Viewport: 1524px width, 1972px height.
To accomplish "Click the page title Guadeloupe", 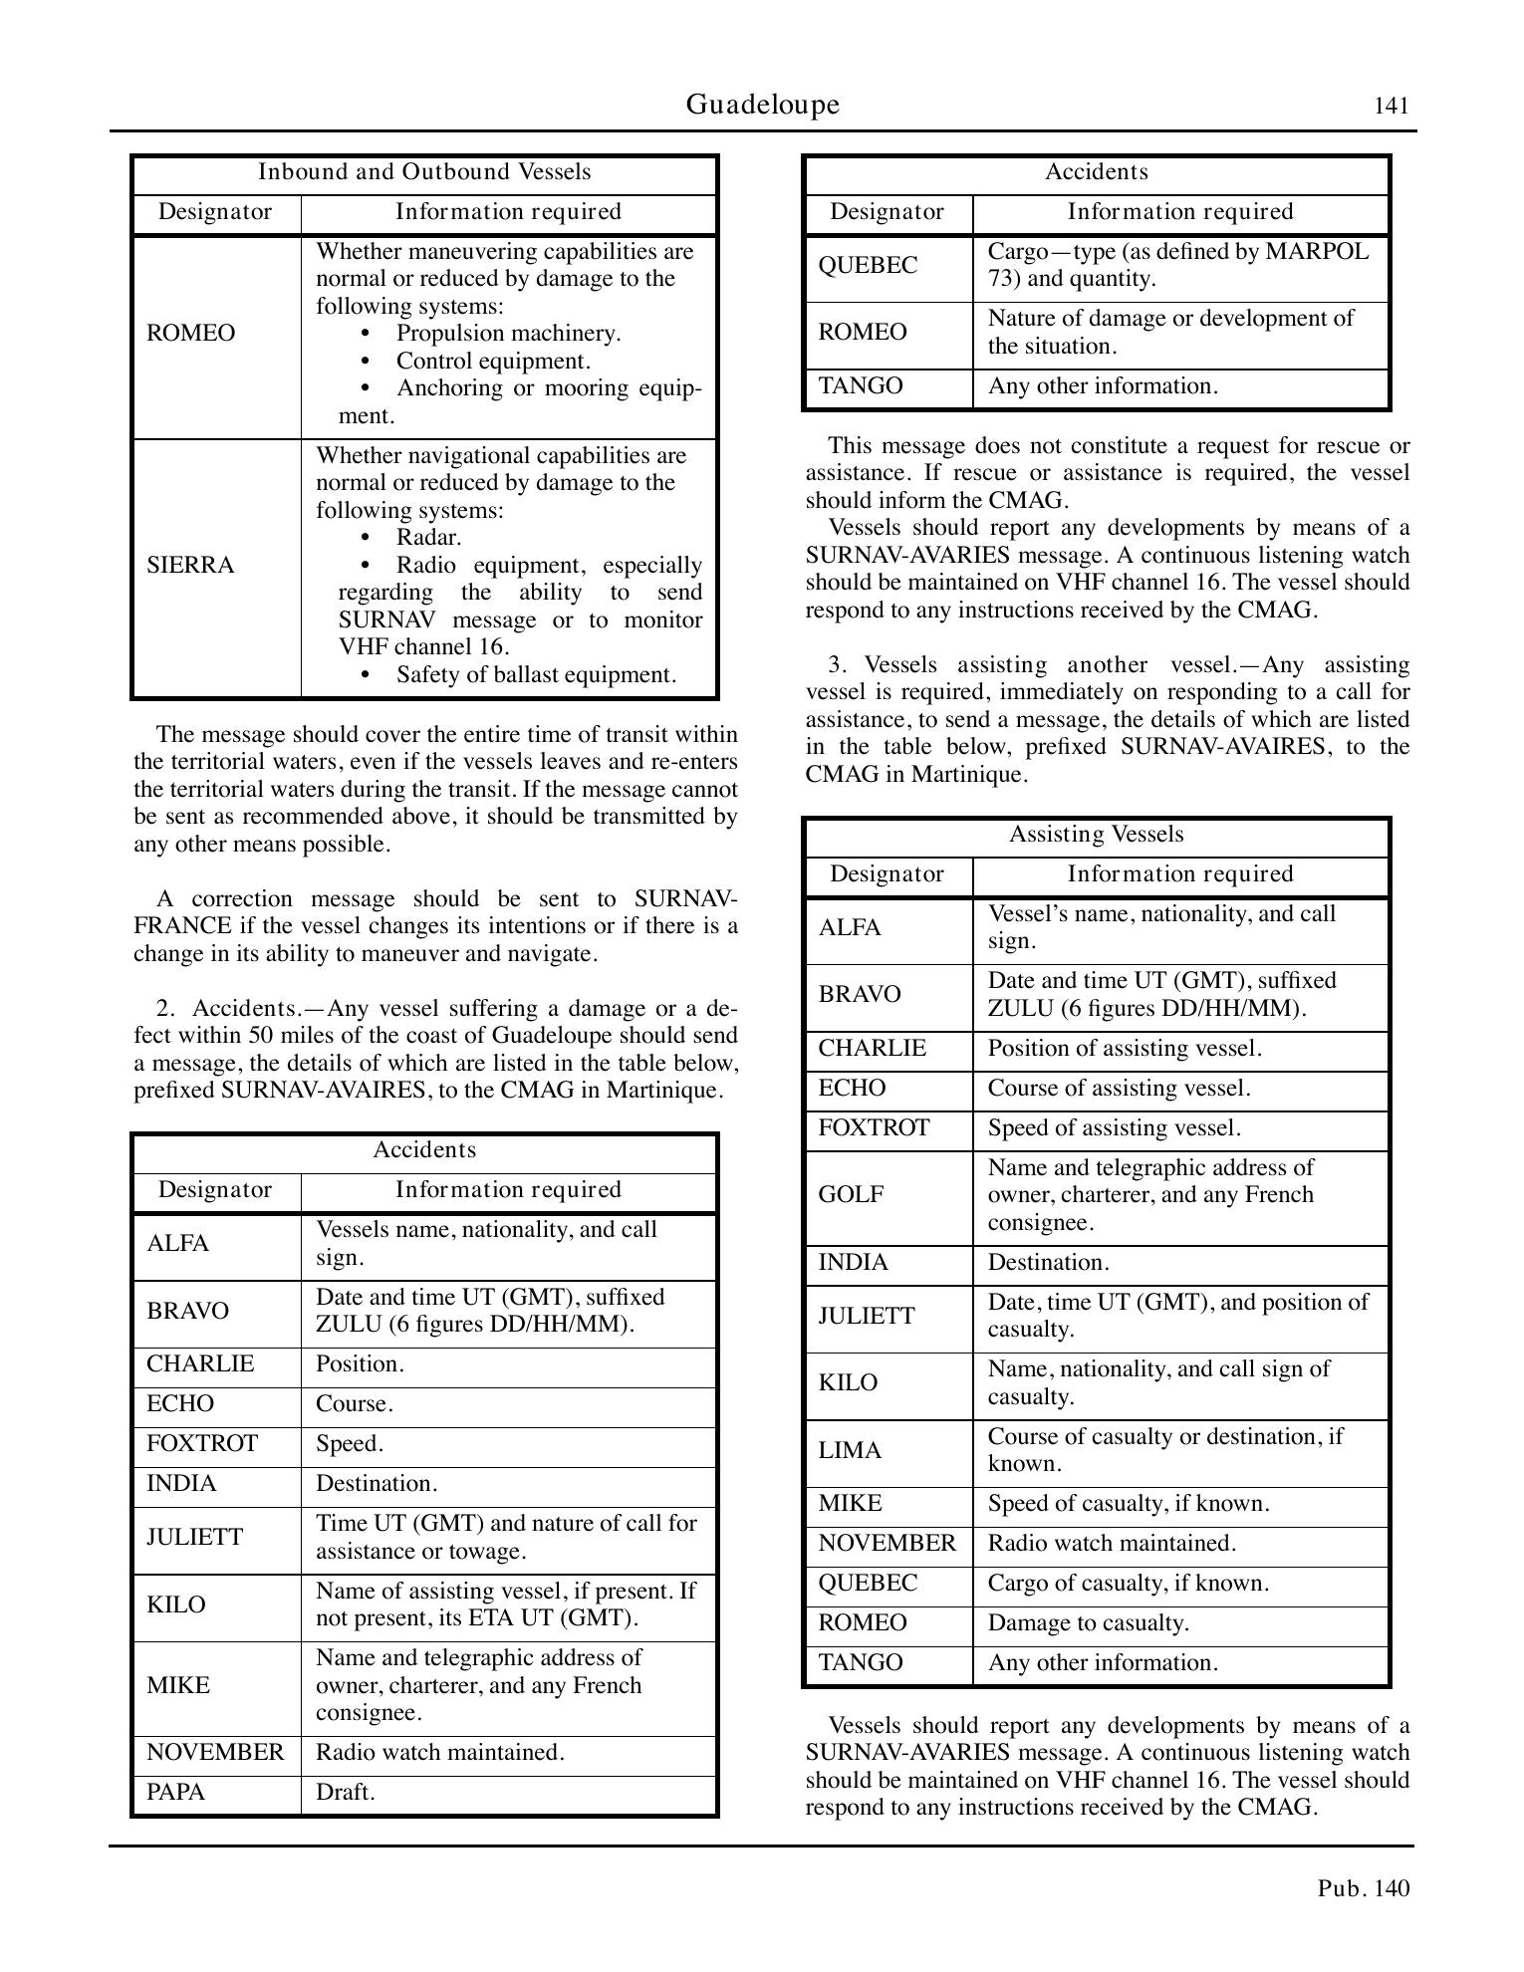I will click(762, 105).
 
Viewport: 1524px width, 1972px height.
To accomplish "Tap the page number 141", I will click(1392, 107).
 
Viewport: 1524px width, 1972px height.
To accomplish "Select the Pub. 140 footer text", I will click(1364, 1887).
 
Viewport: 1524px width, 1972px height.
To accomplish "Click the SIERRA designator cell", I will click(190, 566).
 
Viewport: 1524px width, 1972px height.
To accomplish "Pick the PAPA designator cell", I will click(175, 1792).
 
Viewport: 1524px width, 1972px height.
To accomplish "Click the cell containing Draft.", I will click(345, 1792).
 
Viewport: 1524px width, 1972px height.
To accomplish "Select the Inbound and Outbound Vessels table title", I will click(424, 172).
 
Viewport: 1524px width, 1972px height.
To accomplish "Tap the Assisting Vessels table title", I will click(1096, 835).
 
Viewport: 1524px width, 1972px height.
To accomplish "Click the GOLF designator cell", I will click(851, 1194).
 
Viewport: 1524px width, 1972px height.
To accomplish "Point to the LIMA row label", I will click(850, 1451).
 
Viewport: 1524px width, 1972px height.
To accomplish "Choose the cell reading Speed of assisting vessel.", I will click(1114, 1127).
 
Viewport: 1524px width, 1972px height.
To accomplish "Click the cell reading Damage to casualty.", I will click(1088, 1622).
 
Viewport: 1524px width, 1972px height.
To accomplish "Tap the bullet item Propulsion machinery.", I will click(508, 334).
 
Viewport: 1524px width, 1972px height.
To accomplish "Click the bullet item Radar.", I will click(428, 538).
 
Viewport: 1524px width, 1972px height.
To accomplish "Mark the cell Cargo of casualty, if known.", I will click(1128, 1583).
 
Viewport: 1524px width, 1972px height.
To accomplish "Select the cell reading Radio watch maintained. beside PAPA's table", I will click(440, 1752).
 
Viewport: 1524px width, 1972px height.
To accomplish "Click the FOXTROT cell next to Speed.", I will click(202, 1443).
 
